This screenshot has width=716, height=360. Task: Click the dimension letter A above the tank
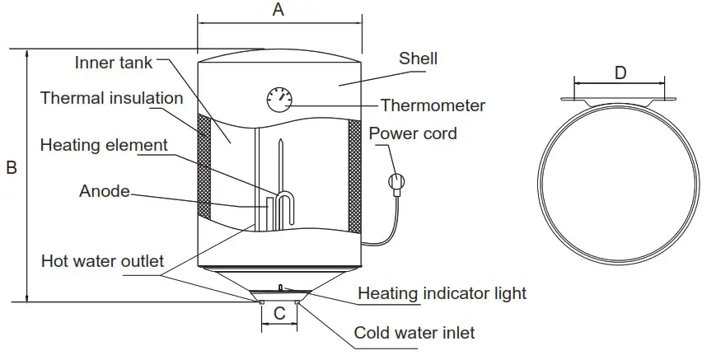tap(278, 10)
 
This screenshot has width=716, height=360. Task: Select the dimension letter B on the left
tap(12, 168)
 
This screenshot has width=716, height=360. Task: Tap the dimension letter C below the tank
tap(279, 314)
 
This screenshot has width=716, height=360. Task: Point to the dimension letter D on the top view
tap(620, 72)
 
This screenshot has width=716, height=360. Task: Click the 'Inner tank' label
tap(114, 63)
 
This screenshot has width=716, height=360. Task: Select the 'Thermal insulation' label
tap(111, 98)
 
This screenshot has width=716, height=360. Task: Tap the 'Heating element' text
tap(104, 145)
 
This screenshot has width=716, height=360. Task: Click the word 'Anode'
tap(105, 191)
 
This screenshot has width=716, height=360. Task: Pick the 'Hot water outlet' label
tap(102, 262)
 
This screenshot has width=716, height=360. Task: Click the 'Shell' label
tap(418, 58)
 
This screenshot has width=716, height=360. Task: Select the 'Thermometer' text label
tap(432, 105)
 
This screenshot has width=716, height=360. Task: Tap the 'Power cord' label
tap(412, 133)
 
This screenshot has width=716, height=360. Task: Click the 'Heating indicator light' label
tap(442, 293)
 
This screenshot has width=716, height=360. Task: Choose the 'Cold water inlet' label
tap(414, 333)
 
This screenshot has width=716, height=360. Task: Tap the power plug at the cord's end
tap(395, 181)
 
